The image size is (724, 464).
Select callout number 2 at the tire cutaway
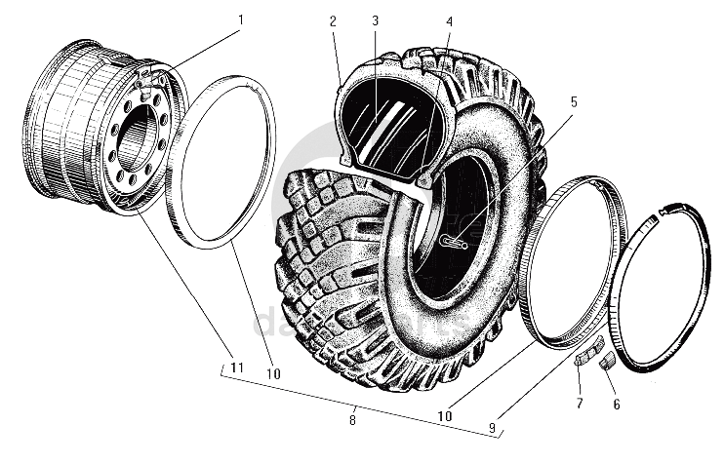coord(334,21)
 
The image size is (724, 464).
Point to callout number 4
coord(449,21)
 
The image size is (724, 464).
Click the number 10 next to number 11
coord(273,373)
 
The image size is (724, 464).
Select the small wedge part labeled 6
coord(606,362)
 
